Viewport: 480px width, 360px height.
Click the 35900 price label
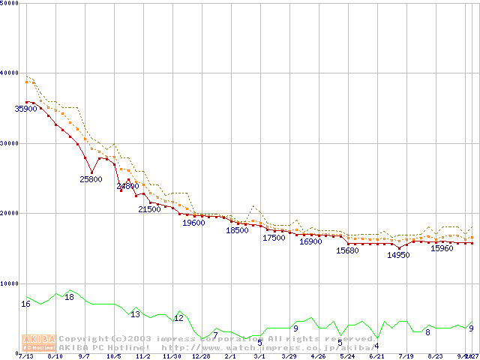26,109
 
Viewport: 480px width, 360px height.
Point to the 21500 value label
149,209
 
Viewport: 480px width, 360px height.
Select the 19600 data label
193,223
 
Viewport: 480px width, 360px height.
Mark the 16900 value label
310,241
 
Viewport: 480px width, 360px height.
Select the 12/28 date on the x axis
201,356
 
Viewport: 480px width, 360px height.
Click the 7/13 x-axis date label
25,356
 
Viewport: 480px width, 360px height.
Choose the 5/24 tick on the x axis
347,356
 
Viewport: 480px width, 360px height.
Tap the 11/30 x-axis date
172,356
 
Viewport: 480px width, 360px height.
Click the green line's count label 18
69,298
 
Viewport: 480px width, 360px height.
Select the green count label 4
376,346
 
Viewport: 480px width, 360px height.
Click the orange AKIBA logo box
40,342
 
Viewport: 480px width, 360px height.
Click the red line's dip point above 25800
91,172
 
